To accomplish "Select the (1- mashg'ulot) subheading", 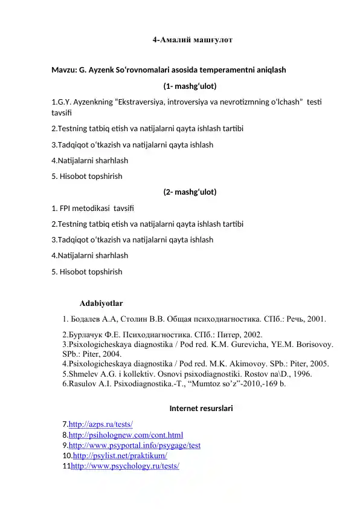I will click(190, 85).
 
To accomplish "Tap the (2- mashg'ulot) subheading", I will click(190, 192).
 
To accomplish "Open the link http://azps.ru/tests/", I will click(101, 425).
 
